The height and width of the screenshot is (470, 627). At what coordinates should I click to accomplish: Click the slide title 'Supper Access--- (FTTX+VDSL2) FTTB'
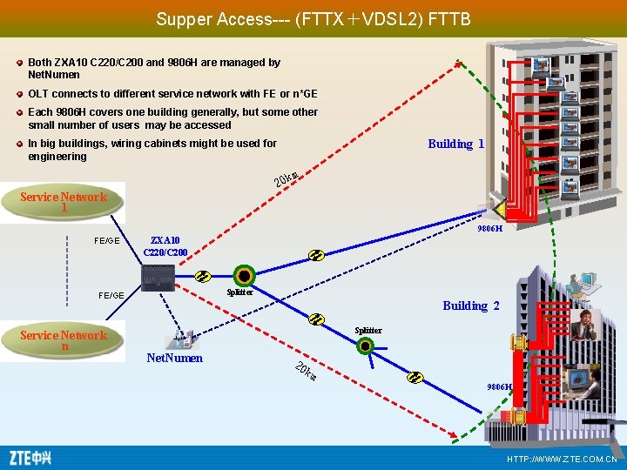tap(313, 18)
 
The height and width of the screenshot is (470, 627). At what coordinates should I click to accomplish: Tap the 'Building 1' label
tap(455, 144)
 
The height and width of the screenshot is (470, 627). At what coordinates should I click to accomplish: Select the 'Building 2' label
tap(470, 305)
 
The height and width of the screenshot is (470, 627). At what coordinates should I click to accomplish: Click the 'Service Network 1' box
tap(63, 201)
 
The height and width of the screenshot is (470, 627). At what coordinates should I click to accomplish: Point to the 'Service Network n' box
tap(63, 340)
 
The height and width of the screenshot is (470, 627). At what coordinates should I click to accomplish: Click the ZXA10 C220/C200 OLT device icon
tap(158, 278)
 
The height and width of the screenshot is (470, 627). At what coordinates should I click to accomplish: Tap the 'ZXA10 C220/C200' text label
tap(165, 245)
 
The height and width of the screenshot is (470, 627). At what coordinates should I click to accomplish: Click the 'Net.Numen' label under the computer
tap(174, 358)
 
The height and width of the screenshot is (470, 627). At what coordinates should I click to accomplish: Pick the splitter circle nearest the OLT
tap(245, 276)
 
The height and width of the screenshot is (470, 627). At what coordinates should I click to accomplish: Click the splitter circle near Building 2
tap(366, 345)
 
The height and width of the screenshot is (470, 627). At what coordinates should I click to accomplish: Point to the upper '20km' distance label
tap(287, 178)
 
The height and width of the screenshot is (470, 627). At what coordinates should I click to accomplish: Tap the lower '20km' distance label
tap(304, 371)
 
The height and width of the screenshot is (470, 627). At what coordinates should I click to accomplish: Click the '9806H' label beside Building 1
tap(489, 228)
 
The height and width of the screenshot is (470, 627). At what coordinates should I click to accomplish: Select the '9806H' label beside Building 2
tap(500, 386)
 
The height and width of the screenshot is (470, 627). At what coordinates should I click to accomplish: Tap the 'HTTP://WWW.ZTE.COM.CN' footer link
tap(562, 459)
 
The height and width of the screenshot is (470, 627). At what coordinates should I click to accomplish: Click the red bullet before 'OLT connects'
tap(20, 94)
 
